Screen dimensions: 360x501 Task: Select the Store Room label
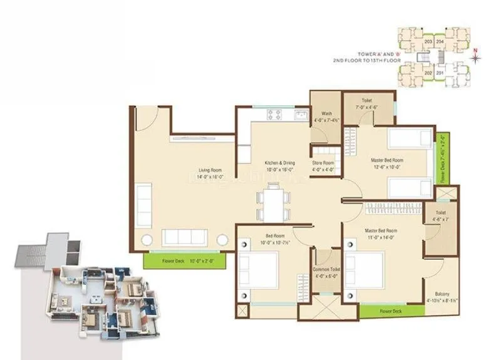click(x=323, y=167)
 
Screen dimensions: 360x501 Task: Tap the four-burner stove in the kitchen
click(x=275, y=115)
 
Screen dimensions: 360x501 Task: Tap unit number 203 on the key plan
click(x=428, y=41)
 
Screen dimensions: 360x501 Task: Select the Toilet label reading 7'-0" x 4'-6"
click(x=366, y=103)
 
